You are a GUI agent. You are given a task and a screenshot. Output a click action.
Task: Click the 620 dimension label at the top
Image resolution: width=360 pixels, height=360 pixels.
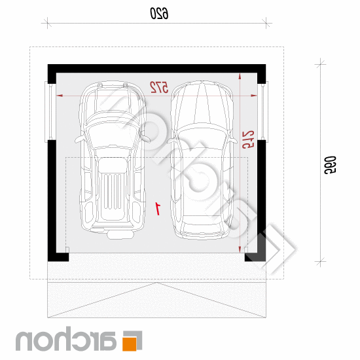(159, 13)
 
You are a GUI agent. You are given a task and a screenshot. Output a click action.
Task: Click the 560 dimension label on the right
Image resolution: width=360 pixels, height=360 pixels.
(330, 165)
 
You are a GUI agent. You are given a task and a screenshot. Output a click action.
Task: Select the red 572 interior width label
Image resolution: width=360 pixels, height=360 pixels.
(159, 87)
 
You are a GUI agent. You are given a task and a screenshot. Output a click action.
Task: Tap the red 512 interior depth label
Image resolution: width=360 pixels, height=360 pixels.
(248, 139)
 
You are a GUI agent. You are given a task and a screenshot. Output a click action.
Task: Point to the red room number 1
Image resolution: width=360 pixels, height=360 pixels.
(158, 208)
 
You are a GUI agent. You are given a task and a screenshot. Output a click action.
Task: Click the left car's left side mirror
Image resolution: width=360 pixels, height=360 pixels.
(79, 139)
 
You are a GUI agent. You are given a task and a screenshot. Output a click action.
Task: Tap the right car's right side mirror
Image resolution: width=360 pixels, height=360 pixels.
(233, 140)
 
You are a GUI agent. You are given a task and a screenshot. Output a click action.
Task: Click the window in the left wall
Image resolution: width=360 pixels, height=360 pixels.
(50, 112)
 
